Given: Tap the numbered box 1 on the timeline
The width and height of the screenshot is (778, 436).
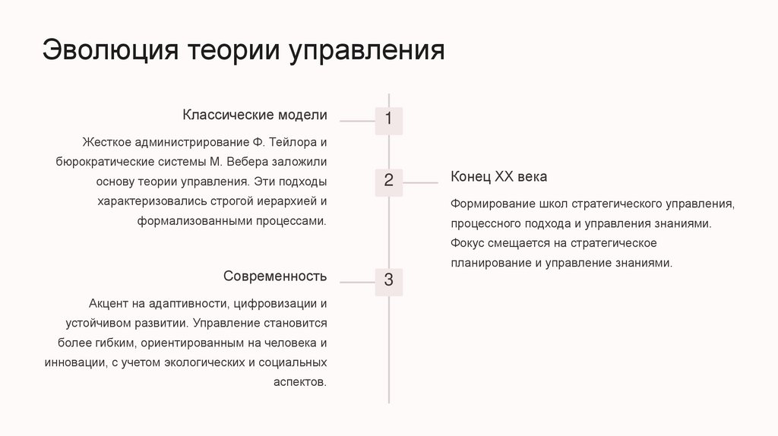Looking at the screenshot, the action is (x=389, y=120).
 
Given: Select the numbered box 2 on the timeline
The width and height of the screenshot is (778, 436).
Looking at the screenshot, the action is (x=389, y=181).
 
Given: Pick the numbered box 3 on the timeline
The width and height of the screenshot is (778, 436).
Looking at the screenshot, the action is (x=389, y=280).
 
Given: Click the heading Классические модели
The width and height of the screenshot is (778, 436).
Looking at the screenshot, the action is (x=255, y=115).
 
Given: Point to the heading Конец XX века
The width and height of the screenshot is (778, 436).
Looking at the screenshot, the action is (x=498, y=177).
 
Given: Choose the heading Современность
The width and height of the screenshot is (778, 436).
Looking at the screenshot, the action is (x=275, y=276).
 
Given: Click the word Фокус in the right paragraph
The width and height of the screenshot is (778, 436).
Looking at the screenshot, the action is (x=466, y=244).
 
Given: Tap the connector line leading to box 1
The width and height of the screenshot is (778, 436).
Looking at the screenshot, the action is (x=357, y=121).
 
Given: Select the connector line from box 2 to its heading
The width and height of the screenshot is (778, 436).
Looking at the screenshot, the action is (x=421, y=182).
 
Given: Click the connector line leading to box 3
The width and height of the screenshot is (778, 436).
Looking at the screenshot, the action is (x=357, y=282).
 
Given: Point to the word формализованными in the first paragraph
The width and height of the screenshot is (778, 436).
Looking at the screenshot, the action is (x=185, y=221).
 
